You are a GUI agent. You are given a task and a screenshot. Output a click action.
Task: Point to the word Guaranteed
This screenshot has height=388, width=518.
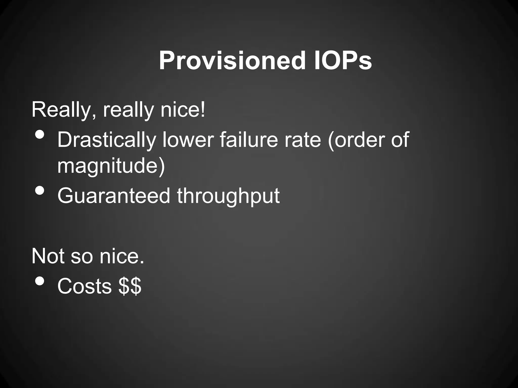coord(114,196)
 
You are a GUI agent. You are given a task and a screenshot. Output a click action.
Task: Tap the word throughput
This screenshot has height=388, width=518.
coord(228,196)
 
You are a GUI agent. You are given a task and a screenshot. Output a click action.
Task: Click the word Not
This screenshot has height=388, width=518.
coord(48,256)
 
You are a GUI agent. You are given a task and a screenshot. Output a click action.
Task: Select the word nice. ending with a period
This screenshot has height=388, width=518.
coord(122,256)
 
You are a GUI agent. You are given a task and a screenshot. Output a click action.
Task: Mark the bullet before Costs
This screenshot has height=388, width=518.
coord(40,281)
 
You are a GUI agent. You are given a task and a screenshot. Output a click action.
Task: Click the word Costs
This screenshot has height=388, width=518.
coord(84,286)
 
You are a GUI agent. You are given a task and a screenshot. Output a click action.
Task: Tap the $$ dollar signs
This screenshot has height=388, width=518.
coord(130,286)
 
